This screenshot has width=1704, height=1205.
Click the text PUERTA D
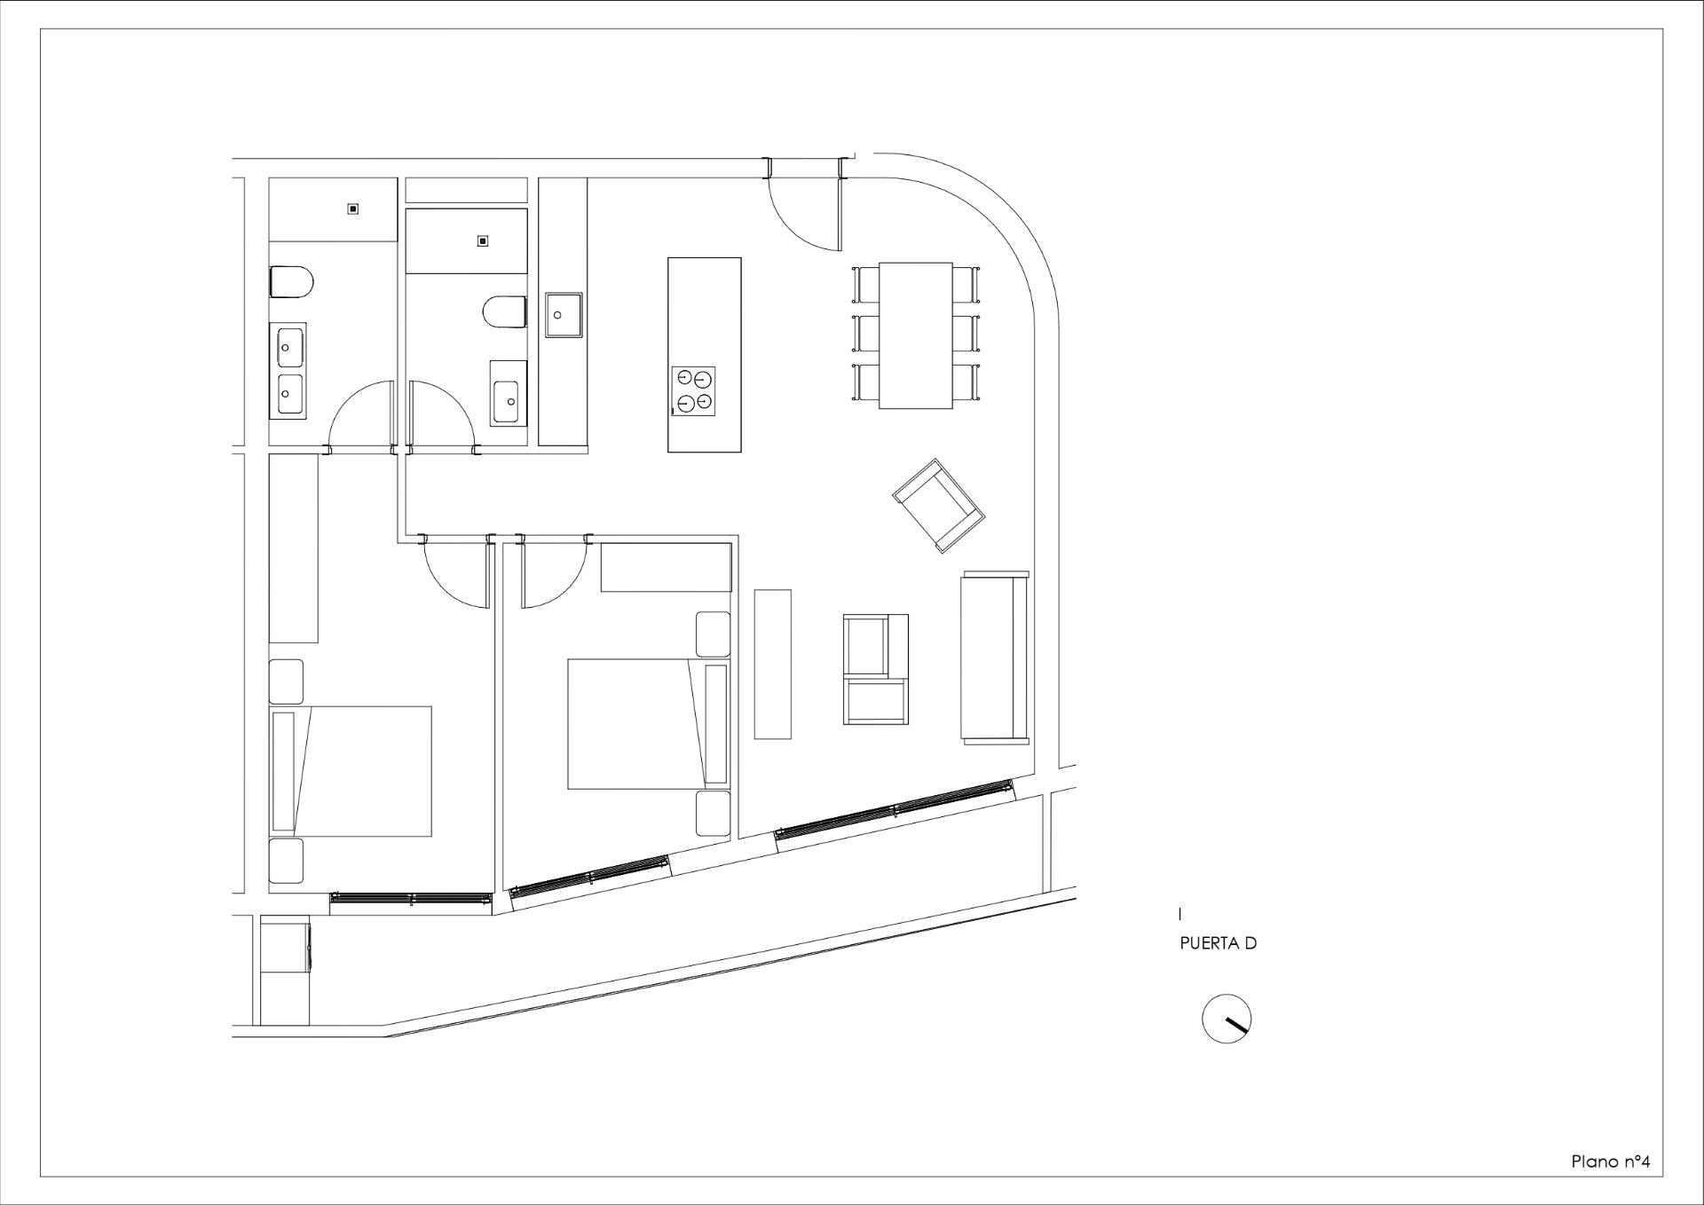1218,943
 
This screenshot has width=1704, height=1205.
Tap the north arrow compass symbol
1227,1019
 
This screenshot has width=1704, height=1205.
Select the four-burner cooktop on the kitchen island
694,391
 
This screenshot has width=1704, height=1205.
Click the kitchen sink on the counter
563,315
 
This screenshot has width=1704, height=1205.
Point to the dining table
916,335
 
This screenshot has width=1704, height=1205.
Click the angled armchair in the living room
939,505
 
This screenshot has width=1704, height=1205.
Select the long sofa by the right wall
995,657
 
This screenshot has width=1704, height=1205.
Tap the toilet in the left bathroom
291,282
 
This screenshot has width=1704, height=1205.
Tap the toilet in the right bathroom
505,312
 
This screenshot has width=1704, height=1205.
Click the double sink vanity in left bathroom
288,371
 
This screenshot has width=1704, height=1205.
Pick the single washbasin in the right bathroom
509,392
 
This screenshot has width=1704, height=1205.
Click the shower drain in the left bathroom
353,209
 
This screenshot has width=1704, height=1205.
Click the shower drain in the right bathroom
483,240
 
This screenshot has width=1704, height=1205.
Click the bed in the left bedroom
351,771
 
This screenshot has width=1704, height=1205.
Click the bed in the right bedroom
648,723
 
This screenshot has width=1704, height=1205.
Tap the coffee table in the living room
772,664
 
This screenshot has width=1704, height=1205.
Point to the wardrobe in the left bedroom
293,547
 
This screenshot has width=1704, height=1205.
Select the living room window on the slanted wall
895,809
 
